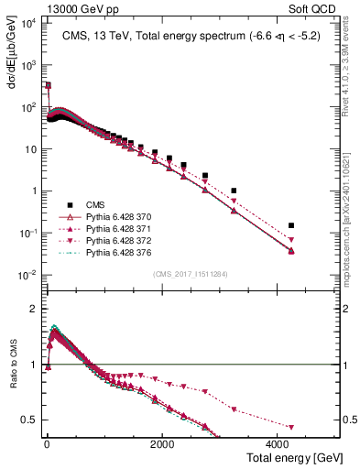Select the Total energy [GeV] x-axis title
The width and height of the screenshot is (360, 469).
coord(291,456)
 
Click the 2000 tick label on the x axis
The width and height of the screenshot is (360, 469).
coord(161,442)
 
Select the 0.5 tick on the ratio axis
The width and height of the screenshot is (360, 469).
coord(33,420)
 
